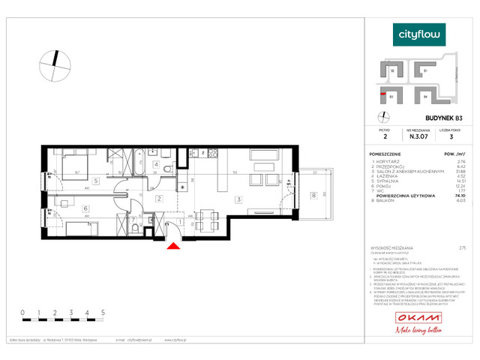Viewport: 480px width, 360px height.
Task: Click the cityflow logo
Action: coord(418,34)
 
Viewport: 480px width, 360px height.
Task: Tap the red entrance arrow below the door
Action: coord(173,246)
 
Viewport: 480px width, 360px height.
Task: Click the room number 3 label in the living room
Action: coord(237,199)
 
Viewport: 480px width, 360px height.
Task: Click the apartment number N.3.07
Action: coord(418,136)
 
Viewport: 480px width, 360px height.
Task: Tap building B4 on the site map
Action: coord(424,96)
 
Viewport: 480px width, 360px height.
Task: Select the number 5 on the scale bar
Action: coord(103,310)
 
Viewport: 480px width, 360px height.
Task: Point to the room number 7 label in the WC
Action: coord(133,220)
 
